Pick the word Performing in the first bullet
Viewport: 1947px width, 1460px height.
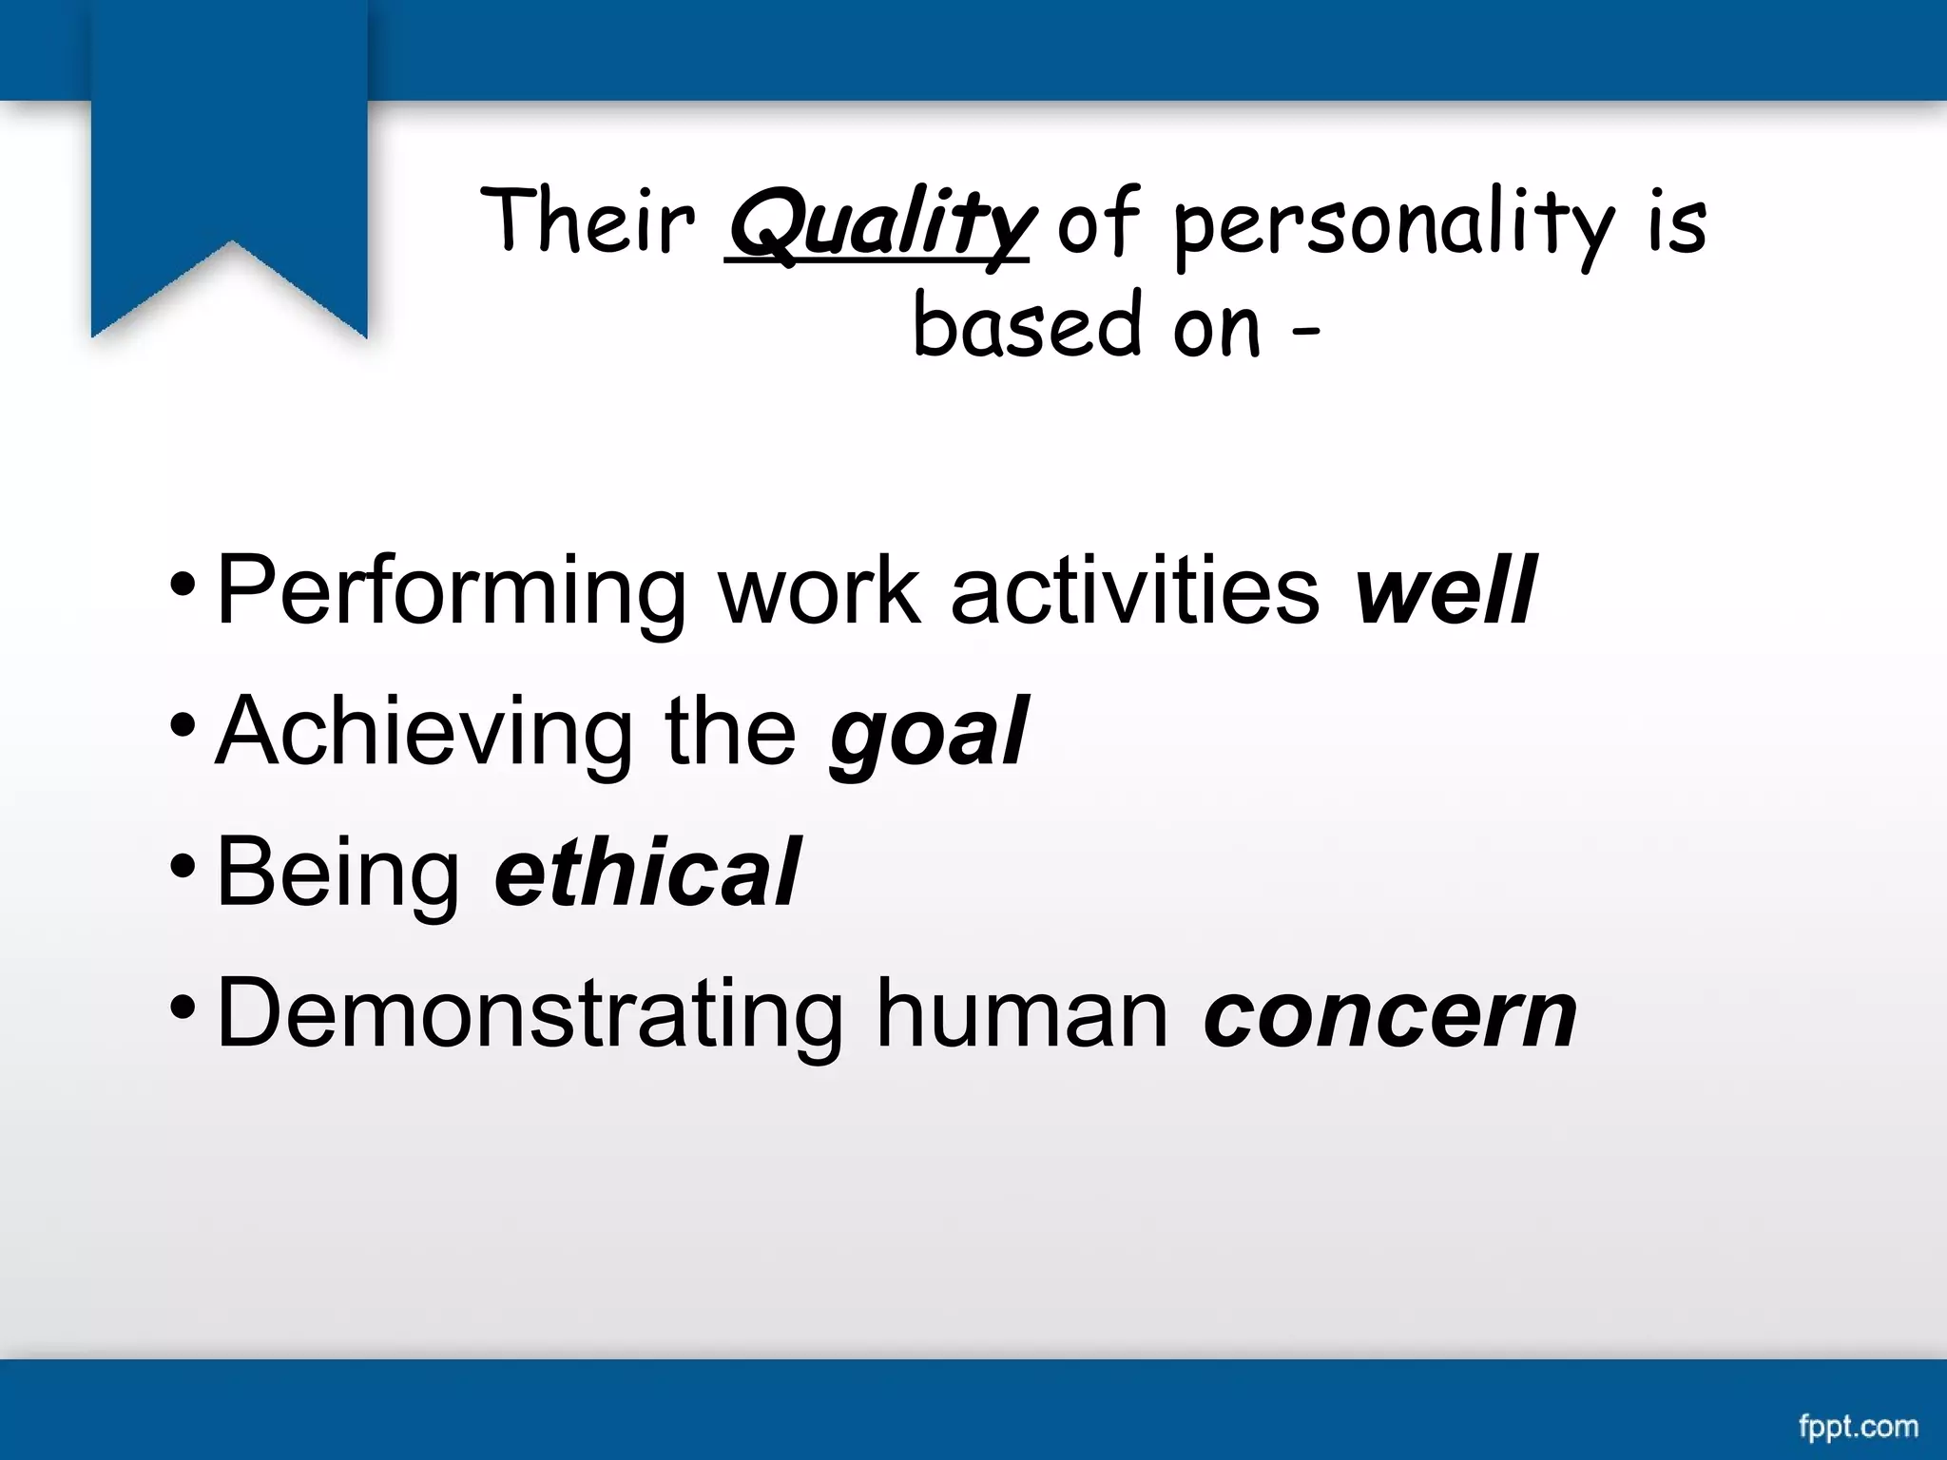(x=450, y=591)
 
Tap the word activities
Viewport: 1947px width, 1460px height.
(x=1134, y=591)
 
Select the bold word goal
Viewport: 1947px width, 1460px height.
(x=928, y=732)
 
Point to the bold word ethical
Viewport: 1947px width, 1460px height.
(x=646, y=872)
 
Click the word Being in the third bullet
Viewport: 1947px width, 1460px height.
(x=337, y=872)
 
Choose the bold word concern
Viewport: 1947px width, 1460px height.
(x=1390, y=1014)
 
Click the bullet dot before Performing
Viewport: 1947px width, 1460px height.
(x=183, y=583)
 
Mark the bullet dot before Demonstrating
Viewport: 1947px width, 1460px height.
(x=183, y=1006)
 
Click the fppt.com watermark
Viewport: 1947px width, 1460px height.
(x=1858, y=1427)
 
